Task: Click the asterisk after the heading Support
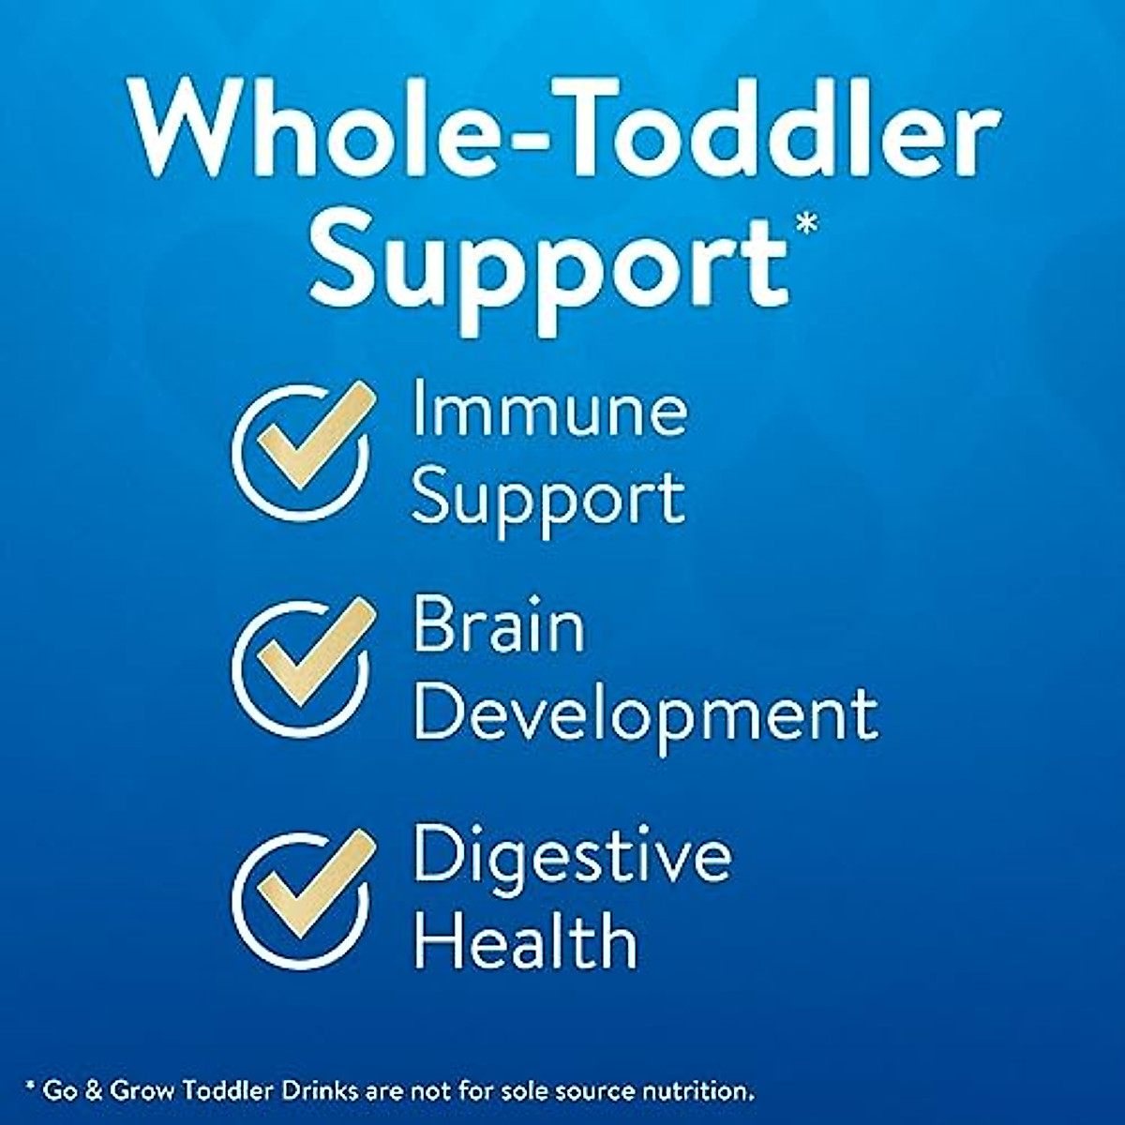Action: (x=805, y=224)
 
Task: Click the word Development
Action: (x=646, y=717)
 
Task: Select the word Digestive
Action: (x=572, y=855)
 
